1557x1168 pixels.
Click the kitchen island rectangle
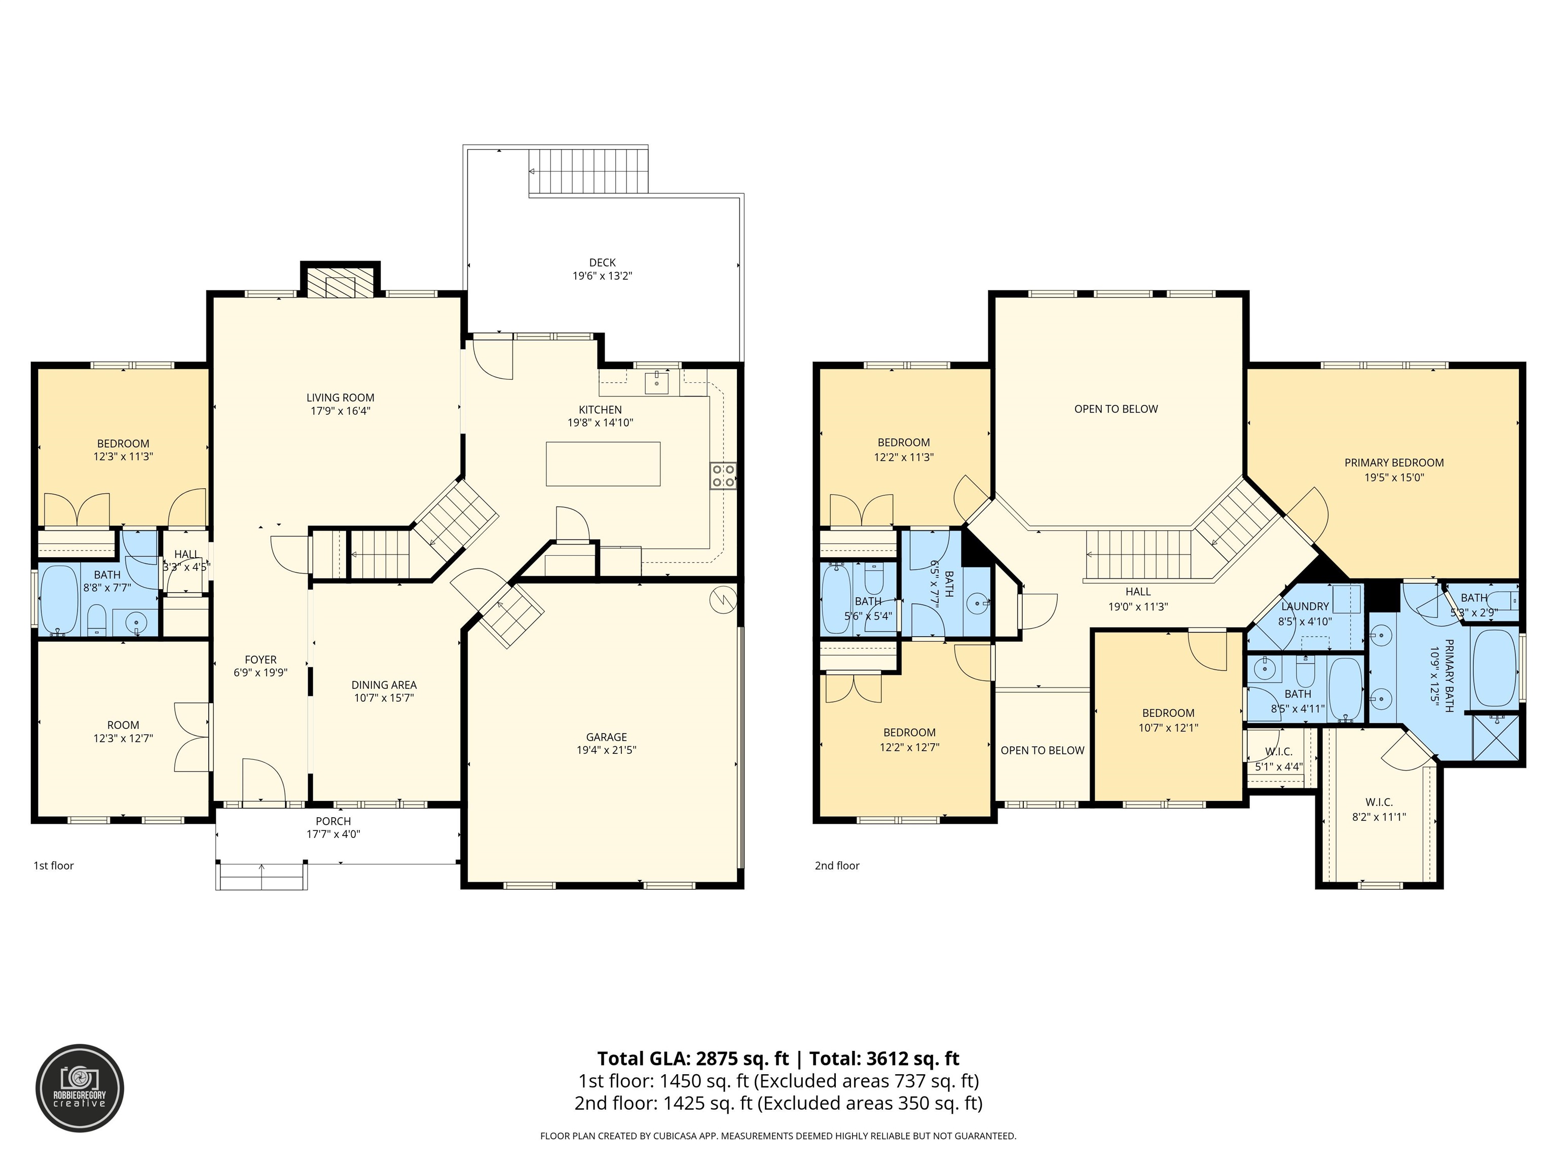point(603,464)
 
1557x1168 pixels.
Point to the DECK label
point(603,263)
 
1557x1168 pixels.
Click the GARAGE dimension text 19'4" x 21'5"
point(606,750)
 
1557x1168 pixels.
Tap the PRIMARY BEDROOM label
point(1394,462)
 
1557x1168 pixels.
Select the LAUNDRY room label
point(1305,606)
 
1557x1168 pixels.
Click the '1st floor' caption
point(54,865)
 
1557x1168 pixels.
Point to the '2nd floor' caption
point(837,865)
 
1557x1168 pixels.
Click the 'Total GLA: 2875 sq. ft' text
point(693,1058)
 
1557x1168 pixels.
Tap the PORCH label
point(333,821)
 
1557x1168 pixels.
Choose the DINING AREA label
point(384,684)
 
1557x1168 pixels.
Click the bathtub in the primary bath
point(1494,668)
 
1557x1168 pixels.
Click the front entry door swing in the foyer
point(263,780)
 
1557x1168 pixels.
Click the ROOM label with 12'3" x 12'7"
point(123,724)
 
